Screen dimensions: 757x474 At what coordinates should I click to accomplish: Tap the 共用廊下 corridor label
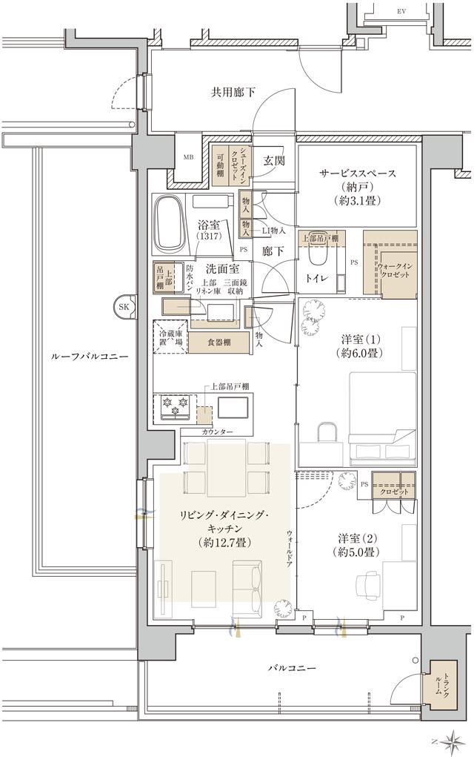pyautogui.click(x=233, y=93)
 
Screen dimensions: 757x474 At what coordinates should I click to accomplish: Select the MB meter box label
pyautogui.click(x=188, y=157)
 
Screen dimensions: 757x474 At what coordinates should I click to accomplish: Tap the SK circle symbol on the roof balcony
pyautogui.click(x=124, y=305)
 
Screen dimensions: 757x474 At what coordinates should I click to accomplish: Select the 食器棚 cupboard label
pyautogui.click(x=218, y=342)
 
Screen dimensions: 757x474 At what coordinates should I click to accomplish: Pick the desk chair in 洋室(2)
pyautogui.click(x=371, y=585)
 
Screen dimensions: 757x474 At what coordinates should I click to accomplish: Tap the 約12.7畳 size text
pyautogui.click(x=227, y=543)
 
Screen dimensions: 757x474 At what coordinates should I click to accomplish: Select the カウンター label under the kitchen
pyautogui.click(x=218, y=432)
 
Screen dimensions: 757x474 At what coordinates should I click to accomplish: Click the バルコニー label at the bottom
pyautogui.click(x=291, y=668)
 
